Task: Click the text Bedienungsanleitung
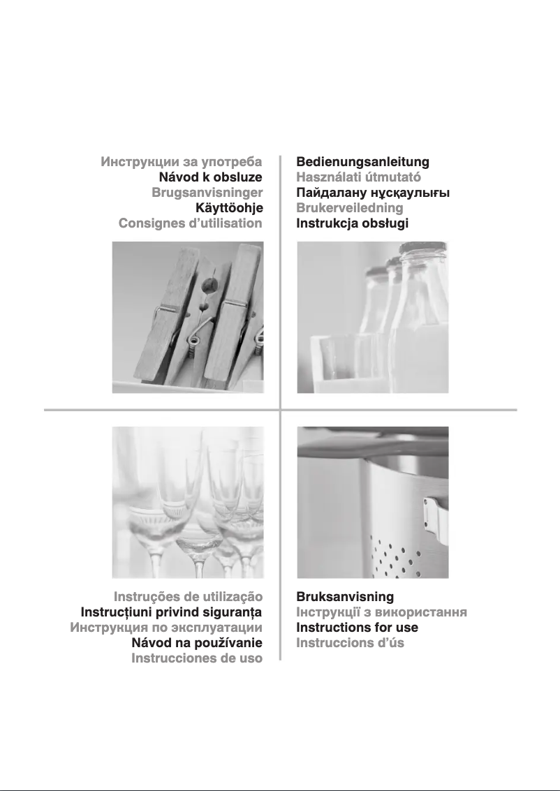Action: [362, 162]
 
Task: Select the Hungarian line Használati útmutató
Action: [358, 177]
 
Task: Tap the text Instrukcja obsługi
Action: [352, 223]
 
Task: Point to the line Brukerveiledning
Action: [350, 208]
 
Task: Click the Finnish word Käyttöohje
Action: [229, 208]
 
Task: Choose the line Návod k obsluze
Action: [210, 177]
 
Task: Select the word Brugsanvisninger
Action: [207, 193]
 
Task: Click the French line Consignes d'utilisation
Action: [190, 223]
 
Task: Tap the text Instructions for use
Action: [358, 628]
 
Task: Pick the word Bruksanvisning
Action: [345, 597]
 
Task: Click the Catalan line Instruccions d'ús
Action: [350, 643]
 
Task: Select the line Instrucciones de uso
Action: [197, 658]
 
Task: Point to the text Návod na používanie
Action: [197, 643]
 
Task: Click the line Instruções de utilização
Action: [189, 597]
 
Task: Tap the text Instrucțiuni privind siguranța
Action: [172, 612]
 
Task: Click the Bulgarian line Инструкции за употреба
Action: [181, 162]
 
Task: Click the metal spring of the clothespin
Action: [194, 344]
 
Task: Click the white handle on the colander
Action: [436, 519]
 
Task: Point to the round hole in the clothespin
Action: [208, 286]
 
